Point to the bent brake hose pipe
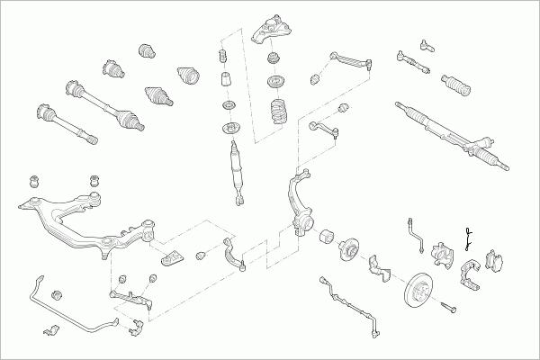pos(415,232)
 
